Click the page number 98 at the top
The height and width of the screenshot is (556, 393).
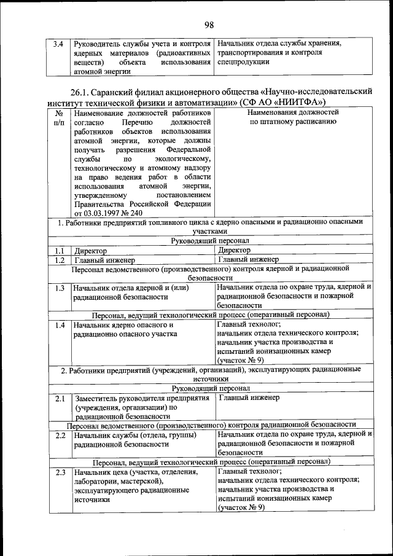[209, 25]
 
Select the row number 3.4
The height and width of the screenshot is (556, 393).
[58, 44]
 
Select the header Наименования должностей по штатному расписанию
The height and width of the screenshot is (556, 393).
[292, 117]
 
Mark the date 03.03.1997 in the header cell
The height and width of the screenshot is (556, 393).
[92, 213]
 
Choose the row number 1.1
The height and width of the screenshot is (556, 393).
[58, 251]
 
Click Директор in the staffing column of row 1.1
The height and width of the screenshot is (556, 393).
[234, 251]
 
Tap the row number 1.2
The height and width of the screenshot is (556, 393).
[58, 260]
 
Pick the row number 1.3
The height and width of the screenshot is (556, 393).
[58, 288]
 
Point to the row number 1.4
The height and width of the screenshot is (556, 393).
[58, 325]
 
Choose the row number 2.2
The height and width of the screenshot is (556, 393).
[58, 436]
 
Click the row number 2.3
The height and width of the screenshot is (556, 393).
[58, 472]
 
